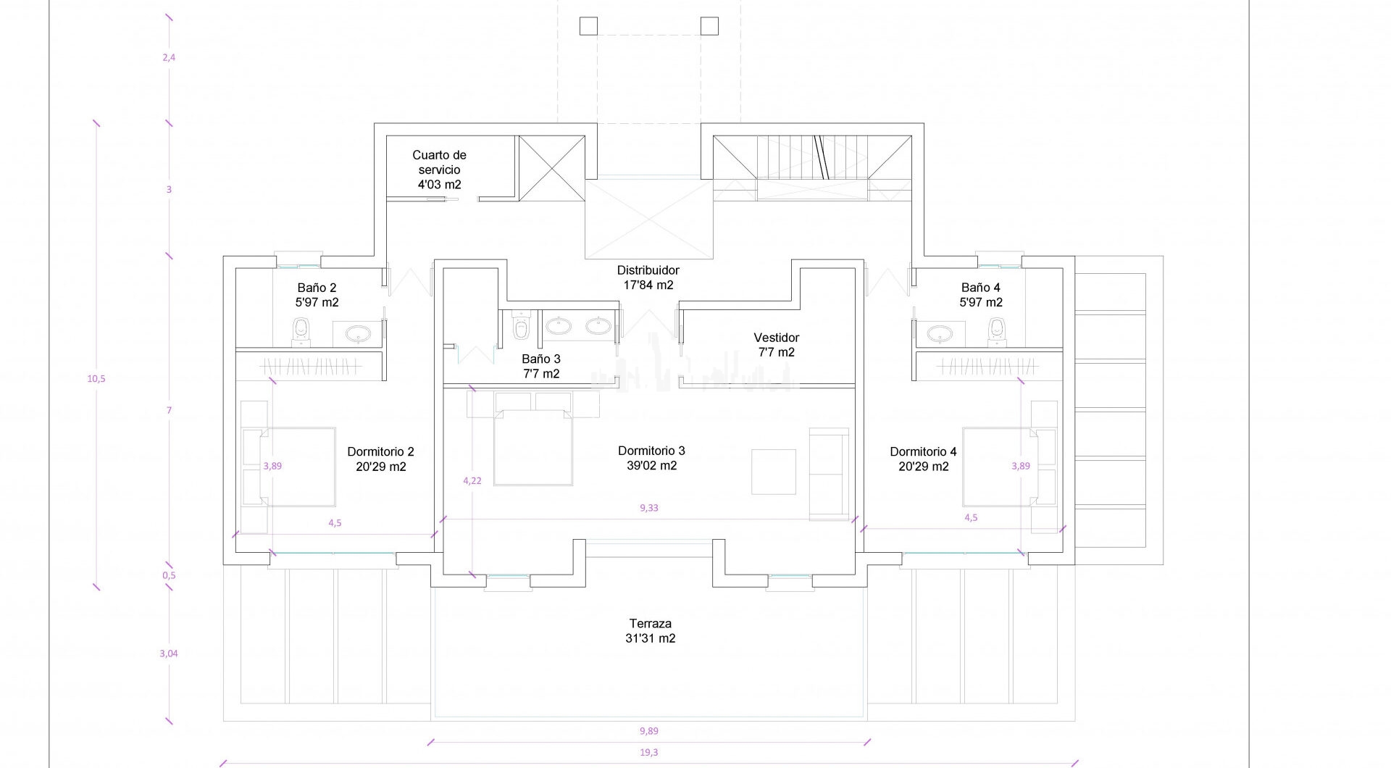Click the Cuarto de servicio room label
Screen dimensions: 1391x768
point(439,170)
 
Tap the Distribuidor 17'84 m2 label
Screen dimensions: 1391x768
point(648,277)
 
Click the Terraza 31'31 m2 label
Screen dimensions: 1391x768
point(651,631)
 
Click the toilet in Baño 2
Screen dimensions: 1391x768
point(301,331)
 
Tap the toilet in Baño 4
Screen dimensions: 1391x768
point(998,331)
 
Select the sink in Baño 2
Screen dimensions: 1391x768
point(357,334)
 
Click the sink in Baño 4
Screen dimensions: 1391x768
point(940,334)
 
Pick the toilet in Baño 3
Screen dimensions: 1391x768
point(521,326)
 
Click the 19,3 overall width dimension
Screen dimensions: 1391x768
point(649,753)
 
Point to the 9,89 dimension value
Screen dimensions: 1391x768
point(649,731)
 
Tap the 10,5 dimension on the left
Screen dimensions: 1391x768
point(96,378)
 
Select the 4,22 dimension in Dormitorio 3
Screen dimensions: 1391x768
point(472,480)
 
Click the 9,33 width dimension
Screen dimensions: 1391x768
point(649,508)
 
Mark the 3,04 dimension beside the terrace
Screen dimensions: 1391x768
point(168,654)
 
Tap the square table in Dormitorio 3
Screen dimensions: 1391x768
point(774,472)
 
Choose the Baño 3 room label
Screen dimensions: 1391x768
point(541,367)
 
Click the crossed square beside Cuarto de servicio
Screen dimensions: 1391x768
point(552,169)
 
